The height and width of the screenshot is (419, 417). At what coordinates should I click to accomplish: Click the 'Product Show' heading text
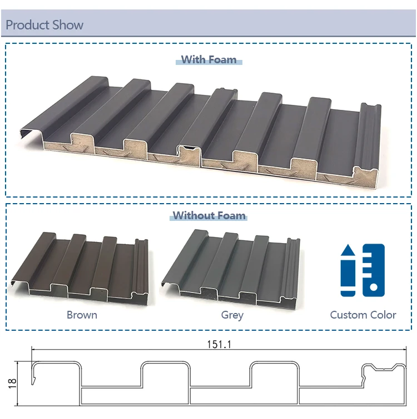tap(44, 25)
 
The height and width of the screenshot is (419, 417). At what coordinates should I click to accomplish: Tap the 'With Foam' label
tap(209, 60)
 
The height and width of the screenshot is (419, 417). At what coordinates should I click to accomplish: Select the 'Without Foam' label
tap(209, 215)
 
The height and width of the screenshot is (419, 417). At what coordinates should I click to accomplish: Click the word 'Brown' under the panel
tap(82, 315)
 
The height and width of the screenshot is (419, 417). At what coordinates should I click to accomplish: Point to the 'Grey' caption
tap(232, 315)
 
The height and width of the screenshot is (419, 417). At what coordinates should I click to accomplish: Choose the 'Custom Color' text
tap(363, 315)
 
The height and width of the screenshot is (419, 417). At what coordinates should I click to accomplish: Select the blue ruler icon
tap(374, 270)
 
